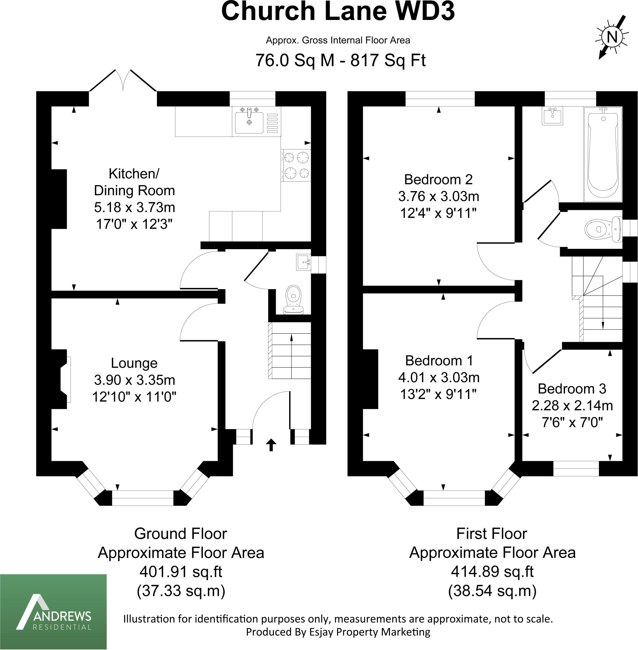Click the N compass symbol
pos(612,37)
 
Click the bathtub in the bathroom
pos(603,155)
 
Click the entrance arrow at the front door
pos(271,445)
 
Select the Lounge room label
pos(134,363)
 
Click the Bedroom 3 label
pos(572,388)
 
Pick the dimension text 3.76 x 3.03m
pos(438,196)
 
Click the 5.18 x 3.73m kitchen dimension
pos(134,208)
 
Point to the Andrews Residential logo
pos(53,612)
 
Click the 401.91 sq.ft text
pos(180,572)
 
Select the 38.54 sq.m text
pos(492,591)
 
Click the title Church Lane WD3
pos(338,12)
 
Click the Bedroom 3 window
pos(576,468)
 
